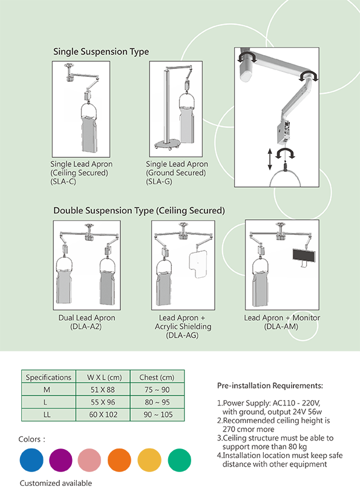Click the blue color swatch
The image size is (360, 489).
(31, 460)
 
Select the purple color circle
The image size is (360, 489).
(61, 460)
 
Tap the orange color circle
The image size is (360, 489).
(119, 460)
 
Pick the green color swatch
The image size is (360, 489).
(180, 460)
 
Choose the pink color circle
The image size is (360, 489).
(90, 460)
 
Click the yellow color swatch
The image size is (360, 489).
(149, 460)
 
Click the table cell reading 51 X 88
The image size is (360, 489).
(103, 390)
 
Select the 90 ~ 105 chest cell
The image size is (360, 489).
(158, 415)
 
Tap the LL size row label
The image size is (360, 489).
(47, 415)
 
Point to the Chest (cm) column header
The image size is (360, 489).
(157, 377)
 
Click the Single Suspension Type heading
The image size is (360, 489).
(101, 51)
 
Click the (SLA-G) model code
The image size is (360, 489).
(159, 181)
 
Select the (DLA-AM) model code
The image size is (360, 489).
(281, 327)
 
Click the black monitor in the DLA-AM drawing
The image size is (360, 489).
(304, 255)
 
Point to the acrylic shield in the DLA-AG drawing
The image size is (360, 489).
(198, 263)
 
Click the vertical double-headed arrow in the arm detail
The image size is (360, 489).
(270, 159)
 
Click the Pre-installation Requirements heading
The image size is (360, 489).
(270, 386)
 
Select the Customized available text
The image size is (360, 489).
(56, 483)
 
